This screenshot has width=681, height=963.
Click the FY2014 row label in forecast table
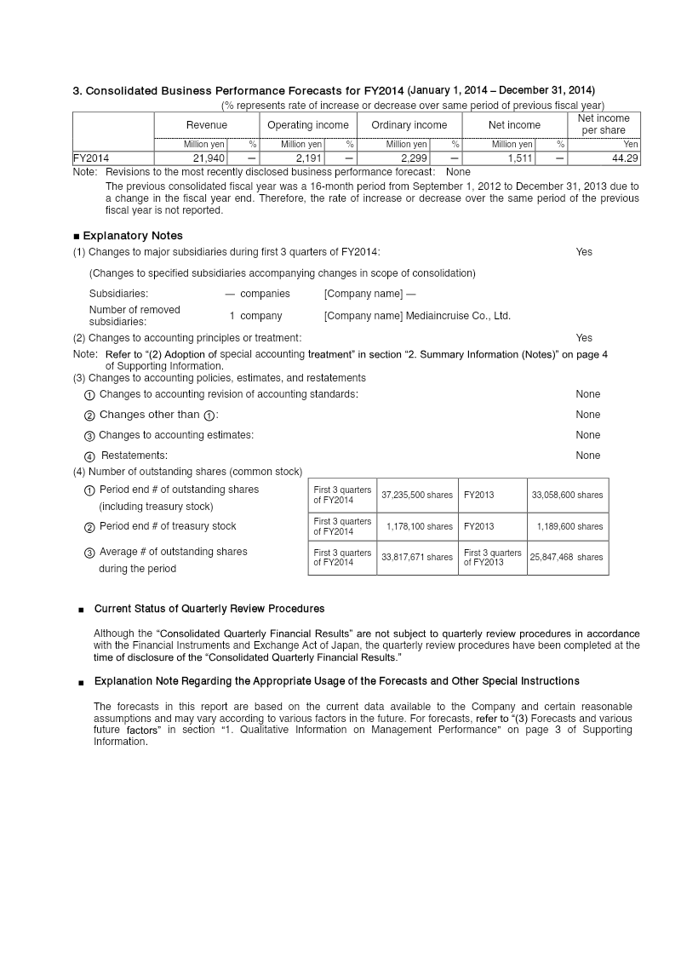(91, 158)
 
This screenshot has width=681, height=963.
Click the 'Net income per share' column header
(604, 124)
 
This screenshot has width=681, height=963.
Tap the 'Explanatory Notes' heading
(132, 235)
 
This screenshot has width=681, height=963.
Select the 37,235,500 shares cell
(417, 495)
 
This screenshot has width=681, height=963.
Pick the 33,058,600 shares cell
(567, 495)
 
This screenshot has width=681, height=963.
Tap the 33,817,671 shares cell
(417, 558)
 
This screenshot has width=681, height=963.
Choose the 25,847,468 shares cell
(567, 558)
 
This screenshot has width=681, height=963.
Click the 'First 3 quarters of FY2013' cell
(492, 558)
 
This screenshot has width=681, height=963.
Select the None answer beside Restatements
(587, 456)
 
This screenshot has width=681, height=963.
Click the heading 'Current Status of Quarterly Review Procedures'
(209, 609)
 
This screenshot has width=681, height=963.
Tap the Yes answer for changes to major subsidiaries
(584, 252)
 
